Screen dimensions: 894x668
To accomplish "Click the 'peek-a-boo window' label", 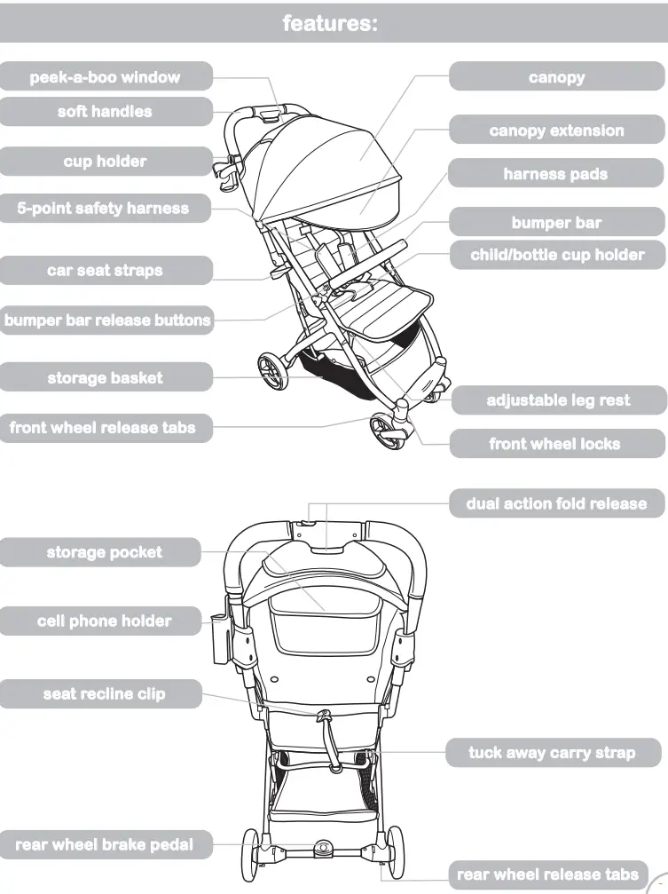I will [105, 76].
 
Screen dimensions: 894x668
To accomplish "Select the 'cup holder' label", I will [105, 162].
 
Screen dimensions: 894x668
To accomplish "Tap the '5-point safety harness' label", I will [103, 209].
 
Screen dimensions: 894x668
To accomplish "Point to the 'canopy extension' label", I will [556, 131].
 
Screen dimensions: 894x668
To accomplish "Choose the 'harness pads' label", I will [555, 174].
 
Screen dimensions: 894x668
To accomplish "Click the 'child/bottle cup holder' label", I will [557, 255].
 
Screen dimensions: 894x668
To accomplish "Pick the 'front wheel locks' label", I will [555, 444].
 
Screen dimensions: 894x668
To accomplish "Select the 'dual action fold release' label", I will [556, 503].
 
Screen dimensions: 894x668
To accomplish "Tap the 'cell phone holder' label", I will [104, 621].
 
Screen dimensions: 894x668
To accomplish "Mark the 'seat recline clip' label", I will [104, 693].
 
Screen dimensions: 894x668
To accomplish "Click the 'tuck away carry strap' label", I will [553, 753].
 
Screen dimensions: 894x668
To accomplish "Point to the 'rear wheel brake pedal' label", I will [104, 844].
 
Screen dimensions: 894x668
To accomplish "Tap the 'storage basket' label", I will [105, 378].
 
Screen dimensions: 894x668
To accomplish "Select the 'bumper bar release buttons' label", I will [107, 320].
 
